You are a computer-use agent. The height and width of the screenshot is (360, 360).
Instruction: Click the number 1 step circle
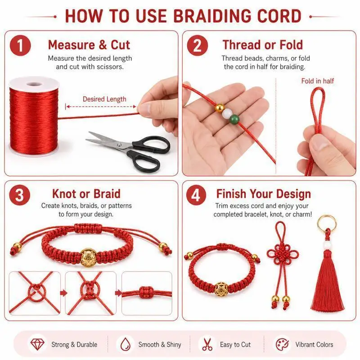coord(20,45)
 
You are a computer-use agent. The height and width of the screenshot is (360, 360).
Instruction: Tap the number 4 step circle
coord(196,195)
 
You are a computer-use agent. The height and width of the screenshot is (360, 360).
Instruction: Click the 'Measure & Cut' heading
coord(89,45)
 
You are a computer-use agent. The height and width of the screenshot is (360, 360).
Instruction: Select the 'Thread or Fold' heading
coord(263,45)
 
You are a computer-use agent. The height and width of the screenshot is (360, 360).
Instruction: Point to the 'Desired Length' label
coord(104,99)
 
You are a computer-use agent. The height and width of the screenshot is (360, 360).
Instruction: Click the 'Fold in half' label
coord(318,81)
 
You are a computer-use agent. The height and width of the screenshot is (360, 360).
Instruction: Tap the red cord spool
coord(34,117)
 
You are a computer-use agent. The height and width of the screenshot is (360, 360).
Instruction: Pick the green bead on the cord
coord(234,119)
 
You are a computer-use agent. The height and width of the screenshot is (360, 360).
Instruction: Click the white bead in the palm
coord(227,113)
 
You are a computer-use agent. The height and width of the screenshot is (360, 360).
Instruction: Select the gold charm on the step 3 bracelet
coord(87,257)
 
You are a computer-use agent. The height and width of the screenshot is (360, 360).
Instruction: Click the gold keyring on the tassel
coord(327,223)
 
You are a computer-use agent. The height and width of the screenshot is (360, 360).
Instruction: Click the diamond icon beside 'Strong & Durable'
coord(37,344)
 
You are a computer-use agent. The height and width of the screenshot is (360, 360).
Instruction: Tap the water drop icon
coord(126,344)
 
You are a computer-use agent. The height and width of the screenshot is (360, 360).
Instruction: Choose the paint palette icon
coord(282,344)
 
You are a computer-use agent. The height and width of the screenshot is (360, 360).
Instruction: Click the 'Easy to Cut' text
coord(235,344)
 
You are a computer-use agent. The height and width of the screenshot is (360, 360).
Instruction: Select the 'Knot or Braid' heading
coord(86,194)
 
